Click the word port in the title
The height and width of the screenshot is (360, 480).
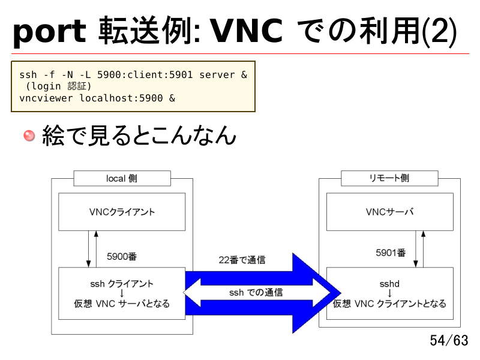click(x=49, y=32)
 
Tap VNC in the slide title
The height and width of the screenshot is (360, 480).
click(x=247, y=31)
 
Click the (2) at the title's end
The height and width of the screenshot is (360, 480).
click(x=439, y=31)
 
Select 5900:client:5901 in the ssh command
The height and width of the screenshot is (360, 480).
click(x=145, y=74)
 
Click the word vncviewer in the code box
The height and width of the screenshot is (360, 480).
click(x=46, y=98)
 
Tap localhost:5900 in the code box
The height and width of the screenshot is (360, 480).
click(x=121, y=98)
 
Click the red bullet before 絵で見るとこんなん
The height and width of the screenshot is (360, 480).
click(x=29, y=136)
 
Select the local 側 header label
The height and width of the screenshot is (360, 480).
click(x=122, y=178)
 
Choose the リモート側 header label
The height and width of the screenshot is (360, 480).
click(x=389, y=178)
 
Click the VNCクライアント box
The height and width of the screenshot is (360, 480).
click(x=122, y=212)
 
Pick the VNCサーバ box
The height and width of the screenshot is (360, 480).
click(x=389, y=212)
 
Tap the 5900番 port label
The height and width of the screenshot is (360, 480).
click(x=122, y=256)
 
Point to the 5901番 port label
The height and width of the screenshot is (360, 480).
click(x=391, y=253)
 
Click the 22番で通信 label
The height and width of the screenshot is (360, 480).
click(x=242, y=260)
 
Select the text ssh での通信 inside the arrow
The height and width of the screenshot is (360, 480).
click(x=256, y=293)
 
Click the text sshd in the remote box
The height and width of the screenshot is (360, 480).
click(x=389, y=284)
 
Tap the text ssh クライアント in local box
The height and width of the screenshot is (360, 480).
click(x=122, y=284)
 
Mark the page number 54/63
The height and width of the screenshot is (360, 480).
click(x=449, y=340)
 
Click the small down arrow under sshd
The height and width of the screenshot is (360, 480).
click(x=389, y=293)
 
